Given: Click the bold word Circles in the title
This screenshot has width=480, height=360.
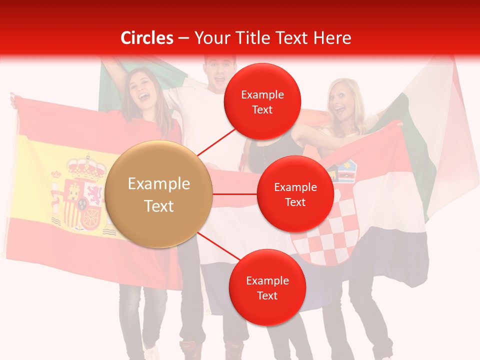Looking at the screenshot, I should coord(147,38).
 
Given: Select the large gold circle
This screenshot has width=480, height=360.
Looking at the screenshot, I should coord(159,194).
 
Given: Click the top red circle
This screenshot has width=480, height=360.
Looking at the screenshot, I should coord(262,101).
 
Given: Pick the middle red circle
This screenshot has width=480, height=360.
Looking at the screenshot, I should coord(295,194).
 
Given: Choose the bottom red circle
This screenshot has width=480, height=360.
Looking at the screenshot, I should coord(267,287).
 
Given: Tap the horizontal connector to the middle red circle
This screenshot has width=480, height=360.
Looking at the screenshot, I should coord(235,194).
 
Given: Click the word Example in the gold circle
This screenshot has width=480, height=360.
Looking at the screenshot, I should coord(159,184).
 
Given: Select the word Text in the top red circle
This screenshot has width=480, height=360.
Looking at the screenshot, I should coord(262,109).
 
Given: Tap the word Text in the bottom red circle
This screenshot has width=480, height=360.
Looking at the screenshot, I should coord(267,295).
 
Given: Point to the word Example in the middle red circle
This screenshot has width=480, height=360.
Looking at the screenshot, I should coord(295,187).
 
